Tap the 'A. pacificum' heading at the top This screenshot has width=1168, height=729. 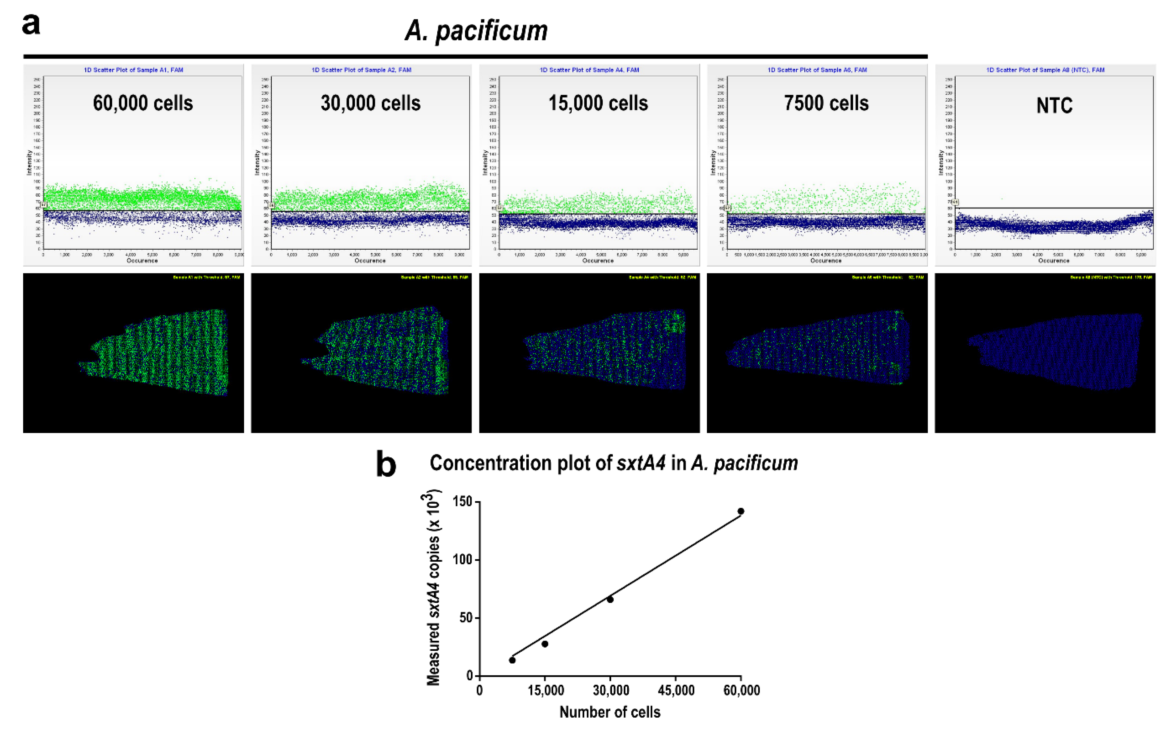[476, 31]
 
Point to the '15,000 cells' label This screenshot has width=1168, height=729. [598, 103]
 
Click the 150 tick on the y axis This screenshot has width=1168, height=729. [463, 502]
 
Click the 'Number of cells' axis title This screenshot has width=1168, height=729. [610, 712]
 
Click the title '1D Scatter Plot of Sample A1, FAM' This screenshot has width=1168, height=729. [133, 70]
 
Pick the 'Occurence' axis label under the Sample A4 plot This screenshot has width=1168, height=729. [598, 260]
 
